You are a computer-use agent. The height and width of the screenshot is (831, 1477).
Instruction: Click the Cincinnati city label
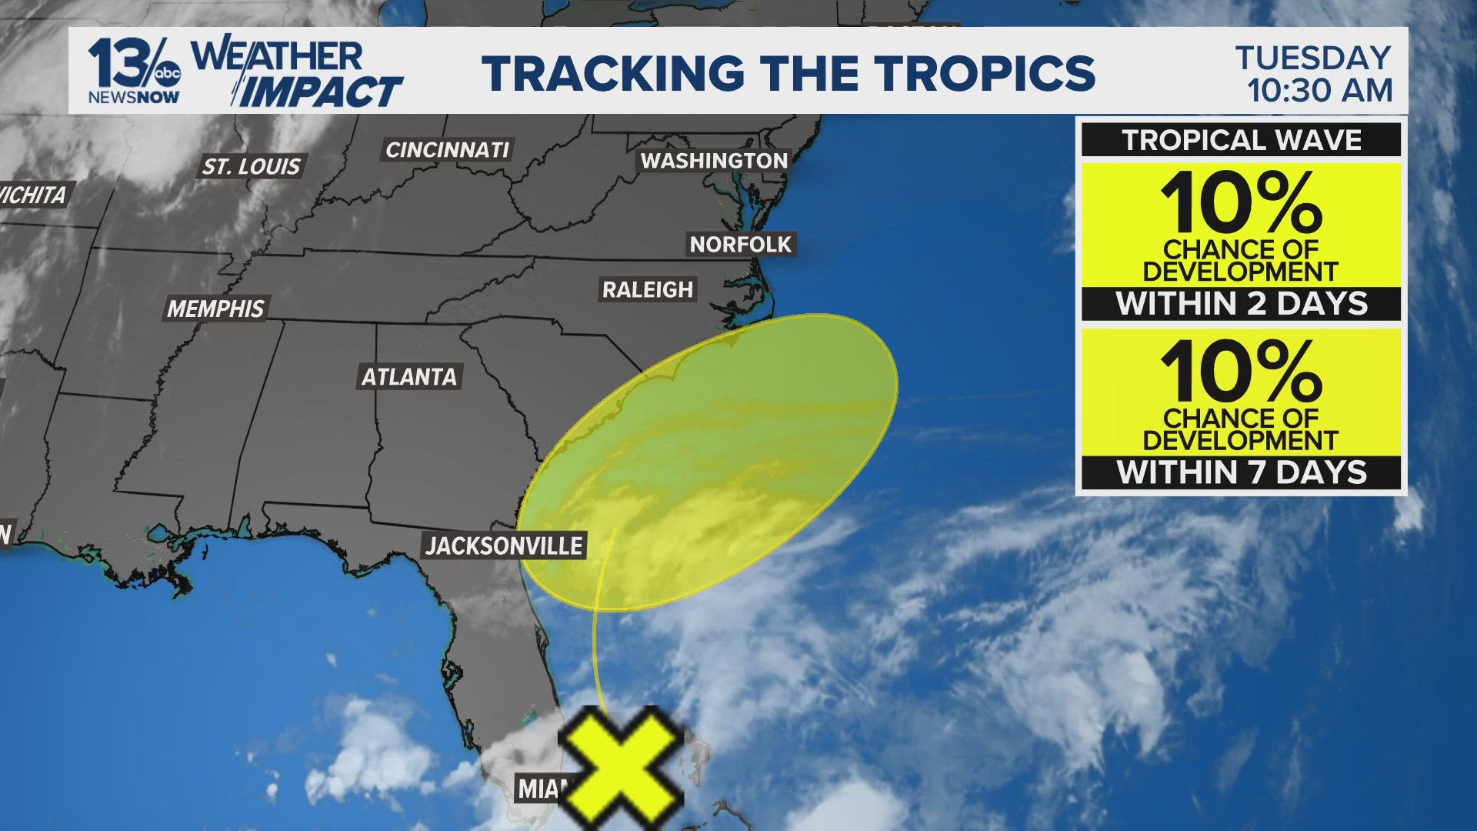[447, 149]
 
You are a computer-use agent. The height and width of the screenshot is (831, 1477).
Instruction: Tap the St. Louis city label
[251, 166]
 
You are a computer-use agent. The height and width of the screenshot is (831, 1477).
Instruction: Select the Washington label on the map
[714, 160]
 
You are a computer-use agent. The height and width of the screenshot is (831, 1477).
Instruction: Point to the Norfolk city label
[740, 244]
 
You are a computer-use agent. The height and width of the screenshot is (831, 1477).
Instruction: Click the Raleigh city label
[647, 289]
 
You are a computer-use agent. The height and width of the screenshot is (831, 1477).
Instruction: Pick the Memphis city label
[215, 309]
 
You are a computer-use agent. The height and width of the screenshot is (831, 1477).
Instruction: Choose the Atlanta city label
[409, 376]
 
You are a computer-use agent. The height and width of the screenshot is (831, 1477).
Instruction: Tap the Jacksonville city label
[504, 546]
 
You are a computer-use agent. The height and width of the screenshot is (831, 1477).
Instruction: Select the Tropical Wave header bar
[1241, 140]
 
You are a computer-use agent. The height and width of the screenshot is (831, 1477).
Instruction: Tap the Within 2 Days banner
[1241, 304]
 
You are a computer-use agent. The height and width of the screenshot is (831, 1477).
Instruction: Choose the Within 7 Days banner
[1241, 472]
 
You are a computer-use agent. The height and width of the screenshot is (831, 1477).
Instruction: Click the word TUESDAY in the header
[1313, 58]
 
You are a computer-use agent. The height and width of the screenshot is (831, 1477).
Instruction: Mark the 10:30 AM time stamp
[1319, 91]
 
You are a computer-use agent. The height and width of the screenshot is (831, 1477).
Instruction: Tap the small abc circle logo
[167, 73]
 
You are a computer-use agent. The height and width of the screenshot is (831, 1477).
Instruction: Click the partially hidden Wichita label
[32, 195]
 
